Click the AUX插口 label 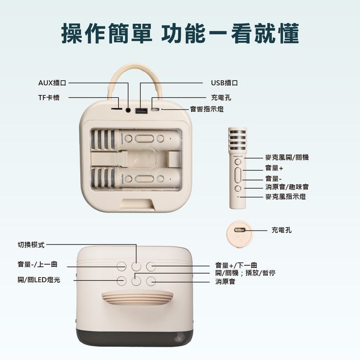tap(52, 83)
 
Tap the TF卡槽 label tap(49, 97)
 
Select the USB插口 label tap(224, 83)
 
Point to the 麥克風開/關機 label tap(287, 157)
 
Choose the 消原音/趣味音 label tap(287, 187)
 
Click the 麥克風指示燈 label tap(285, 196)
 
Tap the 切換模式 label tap(31, 245)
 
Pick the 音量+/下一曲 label tap(236, 265)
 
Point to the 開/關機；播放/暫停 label tap(245, 272)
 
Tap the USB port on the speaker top tap(141, 111)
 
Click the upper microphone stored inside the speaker tap(134, 139)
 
